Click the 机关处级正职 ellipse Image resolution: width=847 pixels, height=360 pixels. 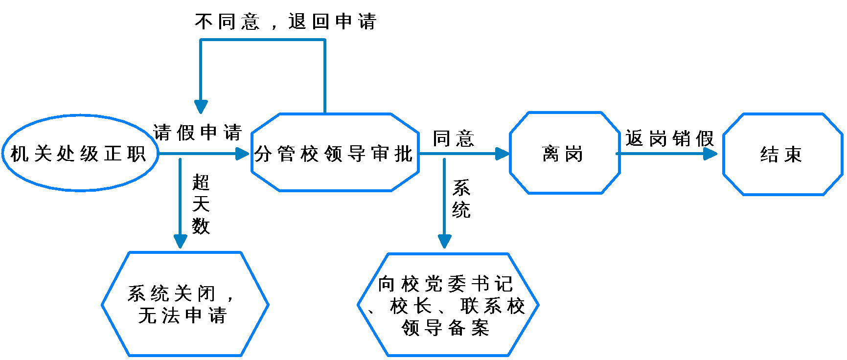click(80, 153)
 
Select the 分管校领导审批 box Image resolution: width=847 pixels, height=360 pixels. click(335, 153)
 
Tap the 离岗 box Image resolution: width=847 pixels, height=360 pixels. click(564, 153)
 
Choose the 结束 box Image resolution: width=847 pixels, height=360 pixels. click(782, 155)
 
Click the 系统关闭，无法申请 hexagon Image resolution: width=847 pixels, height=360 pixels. click(184, 304)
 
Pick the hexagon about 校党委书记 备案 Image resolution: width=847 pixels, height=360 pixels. click(448, 305)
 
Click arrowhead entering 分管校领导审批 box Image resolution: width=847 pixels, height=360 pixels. click(243, 154)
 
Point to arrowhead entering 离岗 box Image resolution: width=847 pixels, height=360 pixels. click(502, 154)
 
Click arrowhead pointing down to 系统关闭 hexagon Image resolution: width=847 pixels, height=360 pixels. click(181, 241)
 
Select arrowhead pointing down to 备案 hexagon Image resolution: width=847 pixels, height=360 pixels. click(444, 241)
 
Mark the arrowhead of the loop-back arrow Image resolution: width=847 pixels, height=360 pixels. click(201, 107)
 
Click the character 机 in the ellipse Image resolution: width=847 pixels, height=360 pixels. click(19, 154)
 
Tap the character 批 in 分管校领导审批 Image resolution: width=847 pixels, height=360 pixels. click(404, 154)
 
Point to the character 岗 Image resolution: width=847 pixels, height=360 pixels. click(574, 154)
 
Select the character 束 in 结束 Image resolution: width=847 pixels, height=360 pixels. click(794, 155)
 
